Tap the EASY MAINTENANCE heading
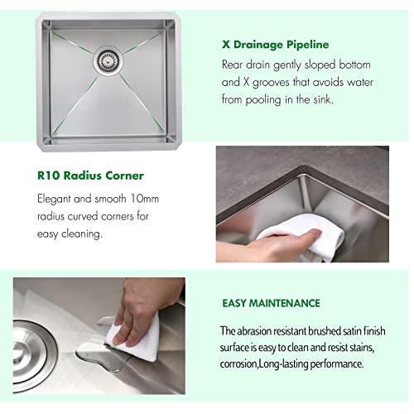tap(270, 304)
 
